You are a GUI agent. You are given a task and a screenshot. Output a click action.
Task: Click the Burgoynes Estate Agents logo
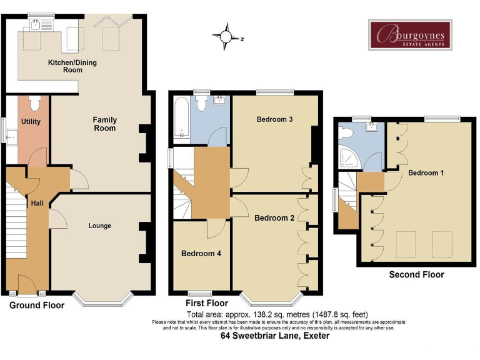tap(409, 34)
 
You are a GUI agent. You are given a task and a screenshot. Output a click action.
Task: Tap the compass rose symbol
tap(226, 37)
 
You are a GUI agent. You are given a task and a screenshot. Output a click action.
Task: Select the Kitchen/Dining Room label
tap(72, 66)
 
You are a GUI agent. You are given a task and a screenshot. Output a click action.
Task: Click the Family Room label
tap(104, 124)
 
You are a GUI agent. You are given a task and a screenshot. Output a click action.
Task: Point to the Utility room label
tap(31, 121)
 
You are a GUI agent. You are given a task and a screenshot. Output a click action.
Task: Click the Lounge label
tap(100, 226)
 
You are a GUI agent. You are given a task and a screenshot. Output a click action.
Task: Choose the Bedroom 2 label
tap(274, 218)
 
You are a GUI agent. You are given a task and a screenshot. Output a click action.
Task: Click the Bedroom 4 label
tap(201, 254)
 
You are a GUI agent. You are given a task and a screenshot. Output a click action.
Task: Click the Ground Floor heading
tap(37, 306)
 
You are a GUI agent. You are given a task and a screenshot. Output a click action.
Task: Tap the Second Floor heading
tap(416, 274)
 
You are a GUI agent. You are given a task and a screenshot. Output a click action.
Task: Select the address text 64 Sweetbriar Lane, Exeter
tap(275, 336)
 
